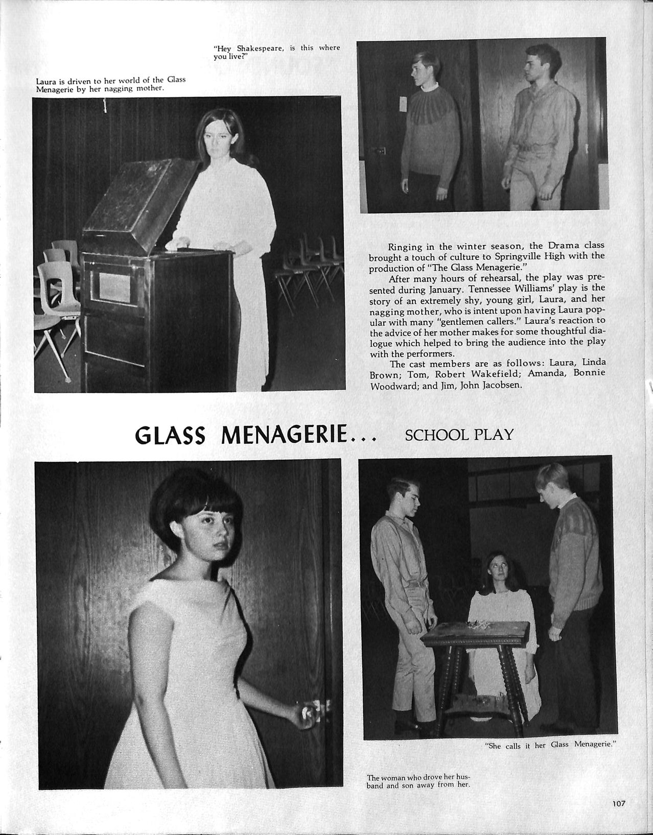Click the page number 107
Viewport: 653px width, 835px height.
click(x=619, y=803)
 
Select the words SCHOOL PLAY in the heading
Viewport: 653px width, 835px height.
click(x=459, y=435)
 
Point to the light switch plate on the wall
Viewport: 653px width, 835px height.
click(x=403, y=103)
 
